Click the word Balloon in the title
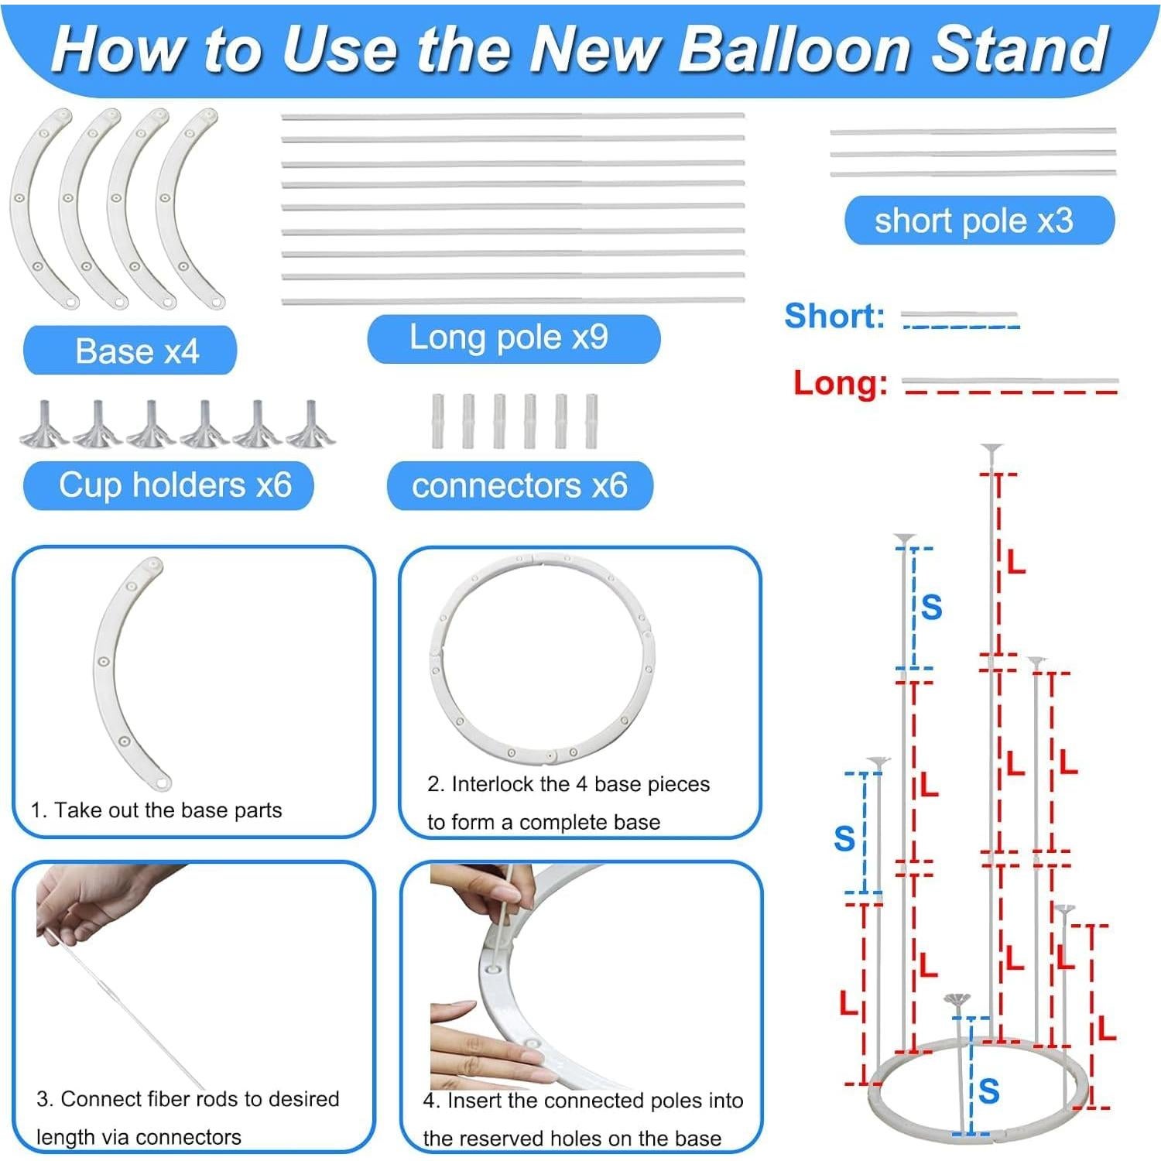[796, 49]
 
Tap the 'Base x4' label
[136, 351]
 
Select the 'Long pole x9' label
[509, 337]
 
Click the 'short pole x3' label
[974, 221]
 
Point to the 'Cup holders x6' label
[175, 486]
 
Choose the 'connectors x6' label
[519, 486]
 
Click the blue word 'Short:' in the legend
[834, 316]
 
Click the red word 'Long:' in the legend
[840, 383]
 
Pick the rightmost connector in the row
[591, 421]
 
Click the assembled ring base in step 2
[542, 658]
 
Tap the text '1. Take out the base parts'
[156, 810]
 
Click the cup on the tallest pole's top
[991, 449]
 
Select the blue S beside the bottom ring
[988, 1091]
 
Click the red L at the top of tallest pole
[1015, 563]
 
